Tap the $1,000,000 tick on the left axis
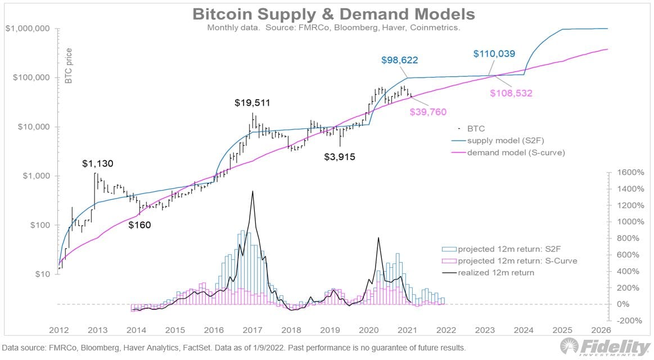pyautogui.click(x=28, y=29)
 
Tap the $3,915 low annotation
pyautogui.click(x=340, y=156)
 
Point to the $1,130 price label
pyautogui.click(x=98, y=164)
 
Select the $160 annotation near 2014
pyautogui.click(x=140, y=225)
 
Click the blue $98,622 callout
pyautogui.click(x=399, y=60)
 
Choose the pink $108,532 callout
pyautogui.click(x=511, y=93)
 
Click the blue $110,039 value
pyautogui.click(x=493, y=54)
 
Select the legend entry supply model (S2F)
pyautogui.click(x=509, y=141)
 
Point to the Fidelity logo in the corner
pyautogui.click(x=603, y=346)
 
